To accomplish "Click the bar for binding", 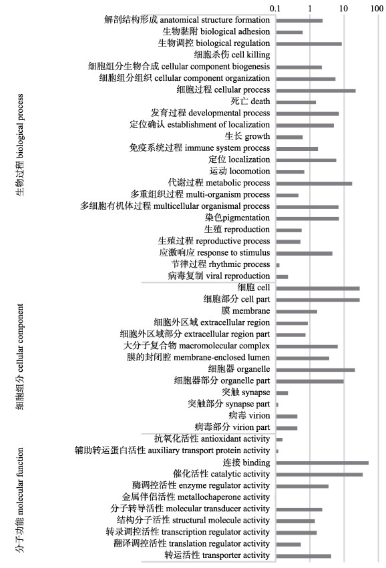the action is click(x=322, y=463).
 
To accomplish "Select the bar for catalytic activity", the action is click(x=319, y=475).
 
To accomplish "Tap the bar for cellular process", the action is click(x=316, y=91).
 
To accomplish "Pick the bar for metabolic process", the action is click(x=314, y=184).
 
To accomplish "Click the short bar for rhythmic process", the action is click(x=278, y=265).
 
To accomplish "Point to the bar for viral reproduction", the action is click(x=282, y=277).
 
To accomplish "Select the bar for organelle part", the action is click(x=310, y=381).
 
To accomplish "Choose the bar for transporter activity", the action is click(x=304, y=556).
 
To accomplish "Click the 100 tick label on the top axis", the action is click(x=377, y=8).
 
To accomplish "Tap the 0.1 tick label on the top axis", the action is click(x=275, y=8).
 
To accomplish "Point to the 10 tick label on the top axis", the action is click(x=343, y=8).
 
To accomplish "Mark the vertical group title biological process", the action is click(x=20, y=145).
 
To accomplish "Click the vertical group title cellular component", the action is click(x=20, y=357).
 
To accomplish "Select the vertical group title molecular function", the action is click(x=20, y=500).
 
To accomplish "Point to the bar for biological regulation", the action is click(x=309, y=44).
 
